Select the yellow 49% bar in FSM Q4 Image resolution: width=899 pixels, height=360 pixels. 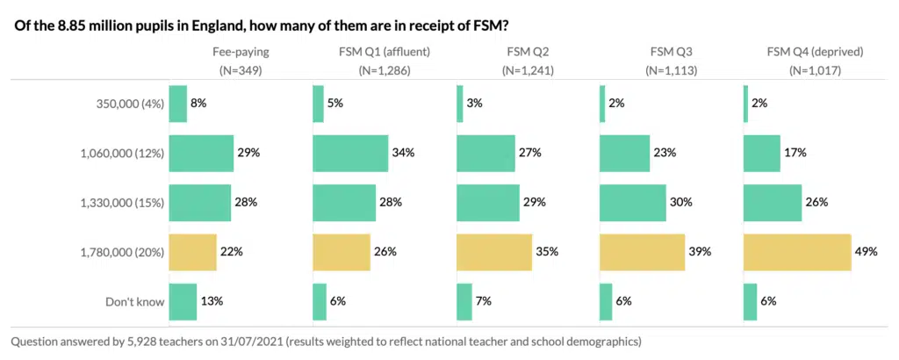click(797, 252)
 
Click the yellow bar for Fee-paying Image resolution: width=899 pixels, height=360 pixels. click(192, 252)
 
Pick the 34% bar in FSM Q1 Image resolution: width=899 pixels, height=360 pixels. click(350, 153)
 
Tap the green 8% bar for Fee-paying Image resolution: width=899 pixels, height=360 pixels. click(177, 104)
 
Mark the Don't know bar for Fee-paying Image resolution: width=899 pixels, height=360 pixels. click(183, 301)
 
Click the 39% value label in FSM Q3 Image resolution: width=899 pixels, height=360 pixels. click(700, 252)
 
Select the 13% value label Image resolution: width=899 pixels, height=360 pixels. click(212, 301)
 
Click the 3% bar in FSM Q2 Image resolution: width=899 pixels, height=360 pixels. click(460, 104)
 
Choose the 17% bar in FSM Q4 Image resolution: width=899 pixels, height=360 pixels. click(762, 153)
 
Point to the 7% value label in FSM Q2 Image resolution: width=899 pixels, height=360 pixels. click(482, 301)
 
